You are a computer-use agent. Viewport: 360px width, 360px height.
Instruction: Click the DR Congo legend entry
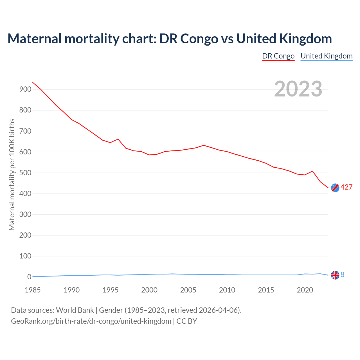278,56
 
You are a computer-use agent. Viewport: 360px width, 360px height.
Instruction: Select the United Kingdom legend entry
326,56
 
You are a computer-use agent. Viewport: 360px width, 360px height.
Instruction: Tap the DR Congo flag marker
335,188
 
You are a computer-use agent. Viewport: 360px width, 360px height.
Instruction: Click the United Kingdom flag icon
335,275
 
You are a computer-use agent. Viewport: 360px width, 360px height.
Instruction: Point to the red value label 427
346,187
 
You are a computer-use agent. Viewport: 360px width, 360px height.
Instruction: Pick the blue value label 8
343,275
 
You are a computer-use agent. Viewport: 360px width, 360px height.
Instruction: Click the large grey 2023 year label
298,89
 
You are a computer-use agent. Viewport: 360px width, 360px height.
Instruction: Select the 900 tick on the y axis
25,89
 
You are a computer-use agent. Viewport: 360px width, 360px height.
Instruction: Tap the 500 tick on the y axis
25,173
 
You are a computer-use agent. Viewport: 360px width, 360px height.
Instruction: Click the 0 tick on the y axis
29,277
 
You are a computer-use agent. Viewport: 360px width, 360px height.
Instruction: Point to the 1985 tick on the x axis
33,290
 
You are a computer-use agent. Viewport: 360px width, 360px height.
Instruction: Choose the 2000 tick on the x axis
149,290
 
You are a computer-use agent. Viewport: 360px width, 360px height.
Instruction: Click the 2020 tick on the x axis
305,290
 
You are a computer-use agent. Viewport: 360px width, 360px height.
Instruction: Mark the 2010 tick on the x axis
227,290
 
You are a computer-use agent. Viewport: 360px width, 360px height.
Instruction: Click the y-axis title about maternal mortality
12,174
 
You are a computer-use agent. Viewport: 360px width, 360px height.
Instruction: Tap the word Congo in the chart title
199,39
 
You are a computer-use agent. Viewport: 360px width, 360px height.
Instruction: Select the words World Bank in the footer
75,310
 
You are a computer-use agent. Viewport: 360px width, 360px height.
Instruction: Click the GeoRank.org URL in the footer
91,321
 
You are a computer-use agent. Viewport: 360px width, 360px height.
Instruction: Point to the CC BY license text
187,321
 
